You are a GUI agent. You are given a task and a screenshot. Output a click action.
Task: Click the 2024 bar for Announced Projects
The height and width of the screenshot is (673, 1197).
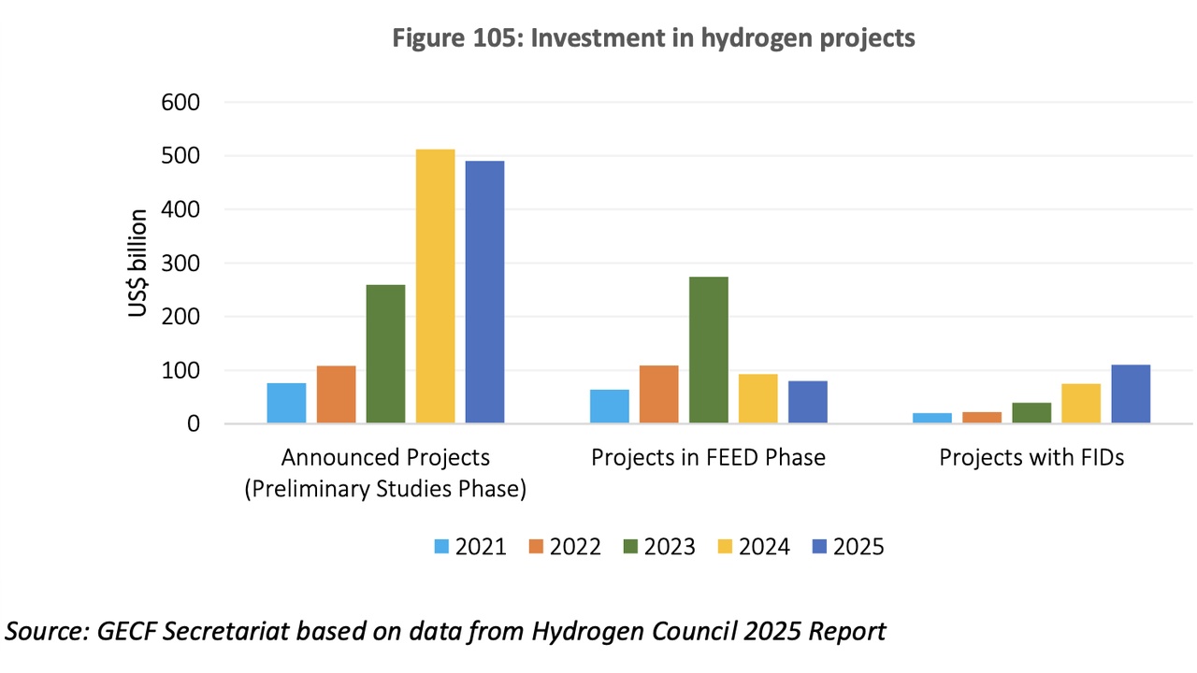point(435,286)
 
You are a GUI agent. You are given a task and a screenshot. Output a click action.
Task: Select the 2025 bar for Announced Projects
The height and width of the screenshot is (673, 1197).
point(484,292)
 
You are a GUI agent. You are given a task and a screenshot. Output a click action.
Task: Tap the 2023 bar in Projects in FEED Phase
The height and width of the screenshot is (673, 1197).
point(708,350)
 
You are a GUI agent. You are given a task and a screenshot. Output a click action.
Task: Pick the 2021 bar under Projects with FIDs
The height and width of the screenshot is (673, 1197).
point(931,418)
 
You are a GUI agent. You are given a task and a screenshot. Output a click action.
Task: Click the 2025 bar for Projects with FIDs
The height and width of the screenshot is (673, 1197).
point(1131,394)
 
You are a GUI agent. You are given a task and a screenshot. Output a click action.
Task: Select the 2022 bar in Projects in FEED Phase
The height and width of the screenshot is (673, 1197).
point(658,394)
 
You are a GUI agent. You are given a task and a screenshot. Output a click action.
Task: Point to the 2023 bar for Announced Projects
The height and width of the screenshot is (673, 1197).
point(385,353)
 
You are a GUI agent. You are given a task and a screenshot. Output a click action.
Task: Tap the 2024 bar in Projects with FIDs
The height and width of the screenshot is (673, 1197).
point(1081,403)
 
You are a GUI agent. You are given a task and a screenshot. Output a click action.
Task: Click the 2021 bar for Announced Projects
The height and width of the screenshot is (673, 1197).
point(286,403)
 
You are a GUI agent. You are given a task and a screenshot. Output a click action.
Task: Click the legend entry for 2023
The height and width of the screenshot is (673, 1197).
point(659,547)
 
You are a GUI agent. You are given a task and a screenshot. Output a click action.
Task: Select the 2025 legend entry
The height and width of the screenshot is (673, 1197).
point(847,547)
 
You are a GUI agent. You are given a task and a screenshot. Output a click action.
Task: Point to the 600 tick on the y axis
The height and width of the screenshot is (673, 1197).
point(181,102)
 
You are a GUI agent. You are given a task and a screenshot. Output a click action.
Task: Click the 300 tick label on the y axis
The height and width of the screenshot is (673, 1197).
point(181,263)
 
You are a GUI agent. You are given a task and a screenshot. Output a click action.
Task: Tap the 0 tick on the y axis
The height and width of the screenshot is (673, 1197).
point(193,423)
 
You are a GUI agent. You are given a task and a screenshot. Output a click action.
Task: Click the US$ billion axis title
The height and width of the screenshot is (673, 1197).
point(138,264)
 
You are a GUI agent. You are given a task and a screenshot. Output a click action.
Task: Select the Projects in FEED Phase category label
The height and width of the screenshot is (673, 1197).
point(708,458)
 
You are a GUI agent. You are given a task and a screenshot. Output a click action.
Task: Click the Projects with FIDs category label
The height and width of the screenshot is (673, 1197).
point(1031,458)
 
